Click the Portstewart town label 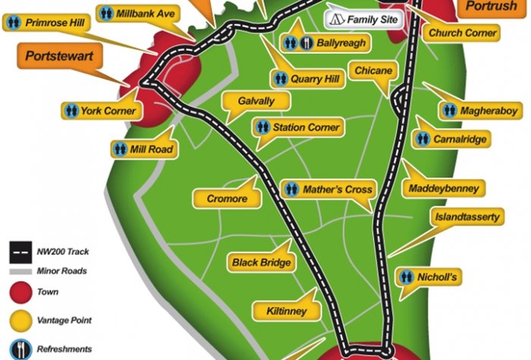pos(55,56)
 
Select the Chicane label pos(372,70)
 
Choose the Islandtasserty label pos(467,218)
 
